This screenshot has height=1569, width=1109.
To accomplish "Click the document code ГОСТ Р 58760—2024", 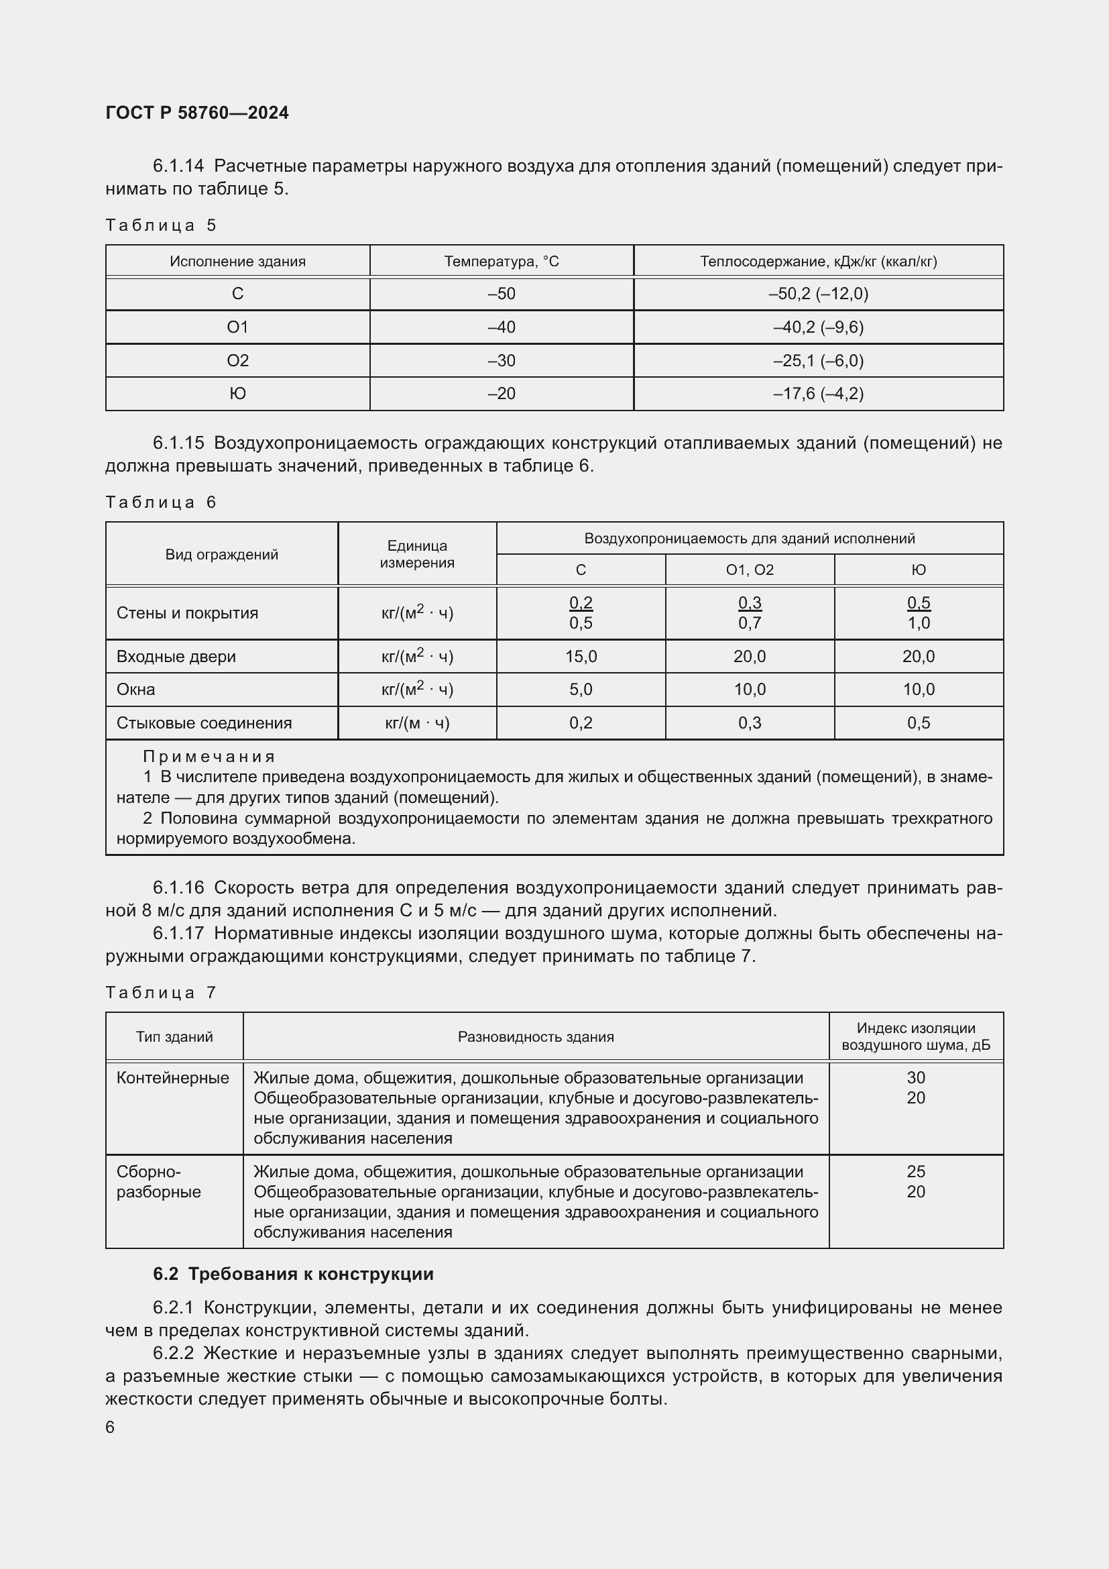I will point(196,113).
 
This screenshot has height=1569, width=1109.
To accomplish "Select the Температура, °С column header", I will point(502,261).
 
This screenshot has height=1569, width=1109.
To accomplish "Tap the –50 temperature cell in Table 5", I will point(502,294).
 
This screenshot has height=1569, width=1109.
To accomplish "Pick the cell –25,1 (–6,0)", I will point(818,360).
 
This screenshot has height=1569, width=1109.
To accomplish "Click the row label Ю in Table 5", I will point(237,394).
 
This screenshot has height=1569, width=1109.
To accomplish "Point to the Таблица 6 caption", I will point(160,502).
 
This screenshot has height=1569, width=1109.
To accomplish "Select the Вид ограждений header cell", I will point(221,554).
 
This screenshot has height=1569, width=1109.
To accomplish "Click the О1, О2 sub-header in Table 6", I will point(749,570).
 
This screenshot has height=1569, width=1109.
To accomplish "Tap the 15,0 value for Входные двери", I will point(581,656).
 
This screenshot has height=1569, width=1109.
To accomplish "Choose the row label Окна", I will point(136,690).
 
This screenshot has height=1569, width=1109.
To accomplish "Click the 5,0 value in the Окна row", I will point(581,690).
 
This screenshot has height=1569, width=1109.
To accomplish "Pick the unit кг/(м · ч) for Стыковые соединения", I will point(416,723).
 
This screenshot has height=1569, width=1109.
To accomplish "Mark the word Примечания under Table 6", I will point(209,757).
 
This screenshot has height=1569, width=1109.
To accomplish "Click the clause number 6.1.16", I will point(178,887).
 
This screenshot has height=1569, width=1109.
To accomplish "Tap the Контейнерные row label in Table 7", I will point(173,1078).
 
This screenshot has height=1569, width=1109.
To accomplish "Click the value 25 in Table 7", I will point(915,1171).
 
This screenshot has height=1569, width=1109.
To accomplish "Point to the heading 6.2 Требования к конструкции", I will point(293,1274).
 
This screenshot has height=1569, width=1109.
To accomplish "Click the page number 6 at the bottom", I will point(110,1427).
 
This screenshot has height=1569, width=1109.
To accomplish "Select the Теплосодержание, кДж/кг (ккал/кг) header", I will point(818,261).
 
